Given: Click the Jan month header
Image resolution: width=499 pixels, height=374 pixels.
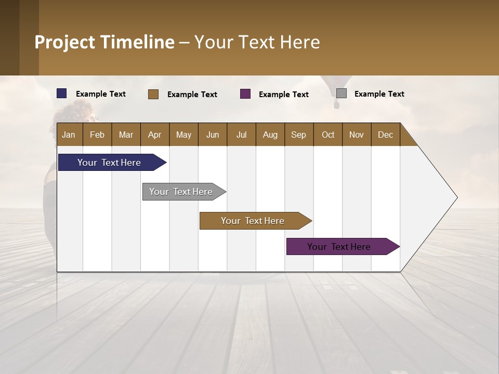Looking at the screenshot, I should (x=69, y=135).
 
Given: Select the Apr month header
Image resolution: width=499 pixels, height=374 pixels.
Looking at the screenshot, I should (x=155, y=135).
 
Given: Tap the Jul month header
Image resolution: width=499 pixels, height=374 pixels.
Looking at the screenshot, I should (x=241, y=135).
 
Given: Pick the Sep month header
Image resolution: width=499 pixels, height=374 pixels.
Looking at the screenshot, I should (x=298, y=135).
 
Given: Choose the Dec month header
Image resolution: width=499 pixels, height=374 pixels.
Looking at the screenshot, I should (x=385, y=135).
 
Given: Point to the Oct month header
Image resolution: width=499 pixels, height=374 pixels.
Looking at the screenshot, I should (x=328, y=135).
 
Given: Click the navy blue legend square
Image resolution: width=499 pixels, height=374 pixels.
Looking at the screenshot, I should (x=62, y=94).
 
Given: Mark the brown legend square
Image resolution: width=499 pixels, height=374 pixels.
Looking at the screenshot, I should (x=153, y=94).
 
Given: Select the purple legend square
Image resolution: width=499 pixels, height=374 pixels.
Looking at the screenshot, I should (x=245, y=94).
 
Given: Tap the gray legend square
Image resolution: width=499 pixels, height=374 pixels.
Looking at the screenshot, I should (x=342, y=94).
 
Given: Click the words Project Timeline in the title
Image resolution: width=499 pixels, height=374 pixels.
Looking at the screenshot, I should (x=104, y=42).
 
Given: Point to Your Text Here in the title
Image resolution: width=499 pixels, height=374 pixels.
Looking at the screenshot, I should (x=257, y=42).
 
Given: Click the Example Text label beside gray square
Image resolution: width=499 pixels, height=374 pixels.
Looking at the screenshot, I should (x=379, y=94).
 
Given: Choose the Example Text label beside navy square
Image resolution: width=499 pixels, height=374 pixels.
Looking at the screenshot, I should (x=101, y=94).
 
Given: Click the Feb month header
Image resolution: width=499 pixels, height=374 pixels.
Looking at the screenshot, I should (x=97, y=135).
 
